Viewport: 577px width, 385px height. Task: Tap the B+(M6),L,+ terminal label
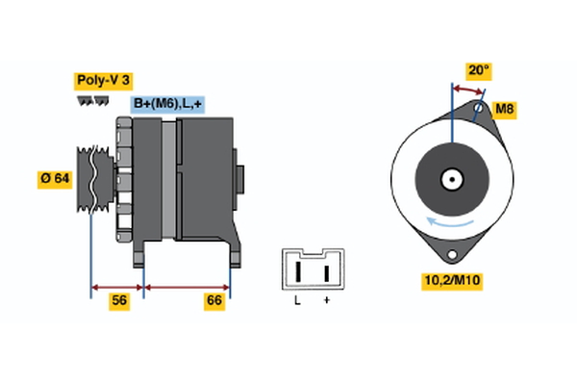[167, 104]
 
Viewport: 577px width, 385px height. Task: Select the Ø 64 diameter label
[54, 178]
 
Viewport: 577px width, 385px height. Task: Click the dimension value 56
[119, 301]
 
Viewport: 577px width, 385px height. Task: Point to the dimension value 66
[215, 301]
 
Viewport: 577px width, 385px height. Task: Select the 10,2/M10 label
[452, 281]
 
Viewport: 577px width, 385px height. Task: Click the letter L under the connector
[297, 302]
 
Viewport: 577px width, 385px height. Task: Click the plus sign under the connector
[327, 302]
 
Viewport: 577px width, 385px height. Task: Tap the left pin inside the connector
[298, 272]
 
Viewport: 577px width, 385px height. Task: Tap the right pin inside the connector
[327, 272]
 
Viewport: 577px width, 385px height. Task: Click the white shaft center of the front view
[450, 178]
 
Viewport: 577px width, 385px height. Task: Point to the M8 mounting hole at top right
[479, 109]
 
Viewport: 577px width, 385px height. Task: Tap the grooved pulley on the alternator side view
[92, 180]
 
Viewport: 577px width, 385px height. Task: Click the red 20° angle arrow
[468, 89]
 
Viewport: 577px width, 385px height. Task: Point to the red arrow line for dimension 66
[187, 287]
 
